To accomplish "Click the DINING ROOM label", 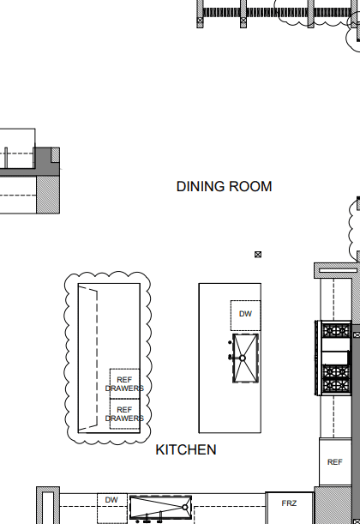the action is [x=224, y=186].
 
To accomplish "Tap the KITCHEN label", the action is [x=186, y=449].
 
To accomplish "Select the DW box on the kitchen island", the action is [x=245, y=316].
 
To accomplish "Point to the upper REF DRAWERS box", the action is [x=124, y=383].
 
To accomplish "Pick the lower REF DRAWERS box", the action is [x=124, y=413].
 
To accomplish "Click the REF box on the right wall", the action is [x=335, y=462].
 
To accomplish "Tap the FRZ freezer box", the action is [x=289, y=508].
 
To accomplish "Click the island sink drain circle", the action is [x=243, y=358].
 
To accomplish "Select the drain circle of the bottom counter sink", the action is [x=184, y=508].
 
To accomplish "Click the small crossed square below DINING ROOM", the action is [x=258, y=255].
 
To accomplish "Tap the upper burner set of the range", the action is [x=336, y=331].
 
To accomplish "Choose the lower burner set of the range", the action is [x=336, y=378].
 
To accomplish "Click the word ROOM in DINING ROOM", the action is [x=250, y=186].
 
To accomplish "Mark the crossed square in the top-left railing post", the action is [x=200, y=21].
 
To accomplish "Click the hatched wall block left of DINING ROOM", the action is [x=48, y=195].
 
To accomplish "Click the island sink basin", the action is [x=245, y=358].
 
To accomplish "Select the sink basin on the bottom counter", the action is [x=160, y=508].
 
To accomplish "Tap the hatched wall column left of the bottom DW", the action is [x=48, y=505].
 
